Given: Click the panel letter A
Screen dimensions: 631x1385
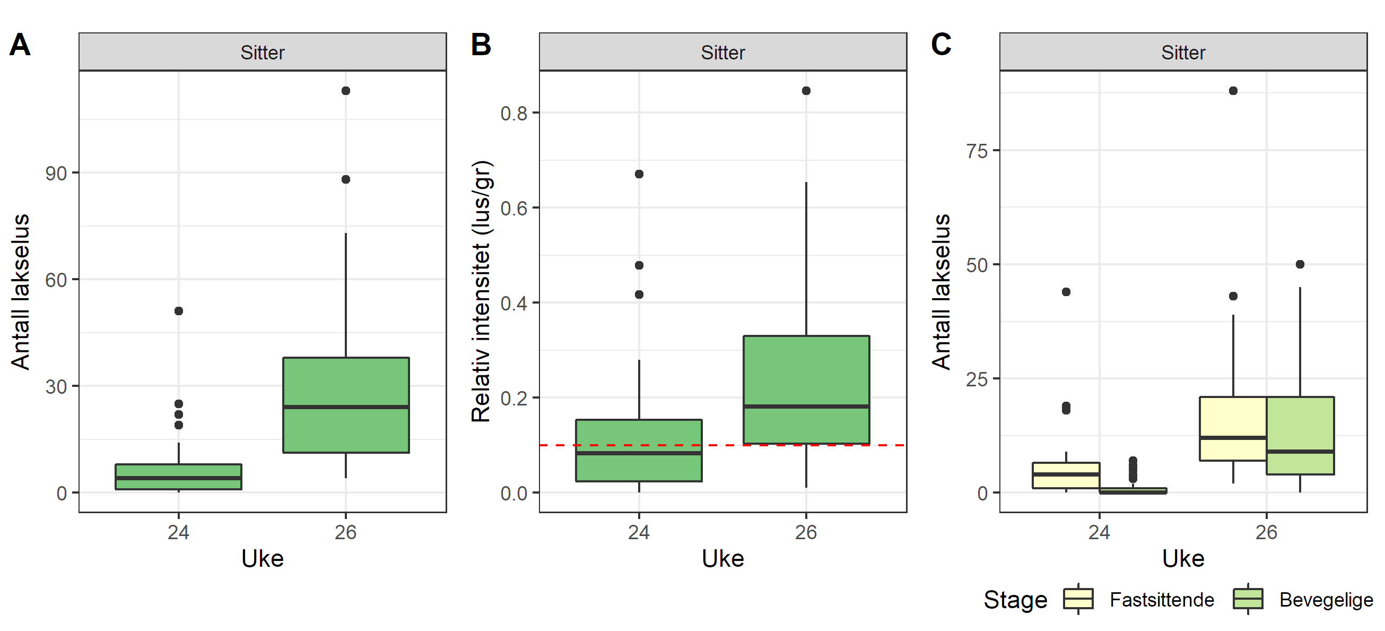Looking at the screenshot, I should (x=20, y=45).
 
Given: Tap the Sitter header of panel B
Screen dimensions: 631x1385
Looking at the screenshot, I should (x=722, y=52).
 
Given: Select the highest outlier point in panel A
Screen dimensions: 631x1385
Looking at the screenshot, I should (x=346, y=91).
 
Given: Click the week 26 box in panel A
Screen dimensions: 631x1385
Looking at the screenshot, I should (x=346, y=404).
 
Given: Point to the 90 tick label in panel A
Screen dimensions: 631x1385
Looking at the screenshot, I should (x=56, y=174).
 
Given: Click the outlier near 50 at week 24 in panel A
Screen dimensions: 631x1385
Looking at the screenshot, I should (x=179, y=311).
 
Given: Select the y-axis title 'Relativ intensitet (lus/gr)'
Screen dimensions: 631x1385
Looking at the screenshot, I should (x=481, y=291).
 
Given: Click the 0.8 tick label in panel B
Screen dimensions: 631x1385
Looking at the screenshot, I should (x=513, y=114).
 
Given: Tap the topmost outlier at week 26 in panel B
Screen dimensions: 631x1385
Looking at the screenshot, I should (x=806, y=91).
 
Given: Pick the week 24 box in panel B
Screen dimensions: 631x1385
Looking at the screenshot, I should (x=639, y=450).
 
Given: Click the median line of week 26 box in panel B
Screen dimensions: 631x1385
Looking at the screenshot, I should (x=806, y=406).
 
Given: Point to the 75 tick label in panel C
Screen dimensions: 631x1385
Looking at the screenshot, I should (x=977, y=151).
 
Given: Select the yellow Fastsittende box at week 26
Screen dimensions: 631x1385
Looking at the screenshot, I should (x=1233, y=428).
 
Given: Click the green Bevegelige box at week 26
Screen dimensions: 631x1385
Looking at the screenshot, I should (x=1300, y=435).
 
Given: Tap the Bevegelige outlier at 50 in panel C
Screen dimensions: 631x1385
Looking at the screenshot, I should (x=1300, y=264).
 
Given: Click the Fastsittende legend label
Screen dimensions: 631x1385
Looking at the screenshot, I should (x=1162, y=600).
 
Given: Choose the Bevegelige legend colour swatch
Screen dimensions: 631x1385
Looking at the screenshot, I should (x=1248, y=599).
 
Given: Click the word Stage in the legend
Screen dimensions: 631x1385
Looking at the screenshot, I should (x=1015, y=600).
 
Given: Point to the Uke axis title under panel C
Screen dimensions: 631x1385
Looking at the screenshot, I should (x=1183, y=559).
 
